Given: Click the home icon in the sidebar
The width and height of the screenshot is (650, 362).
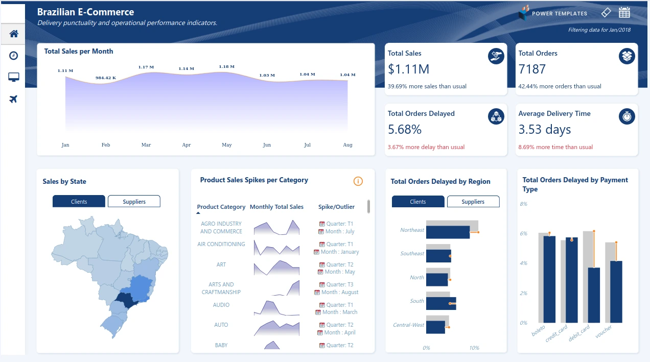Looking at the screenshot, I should point(14,34).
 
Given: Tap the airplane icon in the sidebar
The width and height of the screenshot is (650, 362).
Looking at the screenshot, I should point(14,99).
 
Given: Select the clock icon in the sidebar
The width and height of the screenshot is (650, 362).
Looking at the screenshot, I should point(14,56).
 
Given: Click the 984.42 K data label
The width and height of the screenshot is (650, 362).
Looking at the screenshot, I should point(106,78).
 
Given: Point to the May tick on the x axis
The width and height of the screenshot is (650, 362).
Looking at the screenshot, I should point(227,145).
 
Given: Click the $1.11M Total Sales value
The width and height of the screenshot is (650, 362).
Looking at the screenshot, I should point(408,69).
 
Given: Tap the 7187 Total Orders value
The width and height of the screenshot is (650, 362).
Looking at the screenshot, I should point(532,69).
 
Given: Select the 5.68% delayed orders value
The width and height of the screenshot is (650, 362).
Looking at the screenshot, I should point(405,129).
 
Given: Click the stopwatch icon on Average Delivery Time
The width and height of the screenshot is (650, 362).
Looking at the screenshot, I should point(627,116).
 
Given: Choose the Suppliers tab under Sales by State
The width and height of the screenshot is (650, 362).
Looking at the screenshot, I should point(134,202).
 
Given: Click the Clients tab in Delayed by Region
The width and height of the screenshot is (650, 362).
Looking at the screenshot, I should point(417,202).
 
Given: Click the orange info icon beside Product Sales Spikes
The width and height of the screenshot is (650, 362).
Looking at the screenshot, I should point(358,181).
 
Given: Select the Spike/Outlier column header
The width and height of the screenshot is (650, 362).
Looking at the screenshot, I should point(336,207).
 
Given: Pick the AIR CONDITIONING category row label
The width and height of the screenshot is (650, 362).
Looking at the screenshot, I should point(221,244).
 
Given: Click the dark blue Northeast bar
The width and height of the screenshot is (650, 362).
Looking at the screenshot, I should point(448,232).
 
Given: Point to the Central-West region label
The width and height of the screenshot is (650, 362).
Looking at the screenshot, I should point(408,325).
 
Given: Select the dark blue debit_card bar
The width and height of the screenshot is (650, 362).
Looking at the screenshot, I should point(594,295).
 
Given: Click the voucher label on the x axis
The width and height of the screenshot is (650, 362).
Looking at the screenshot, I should point(603,332).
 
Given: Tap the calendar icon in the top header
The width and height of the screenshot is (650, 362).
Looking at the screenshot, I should point(624,13).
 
